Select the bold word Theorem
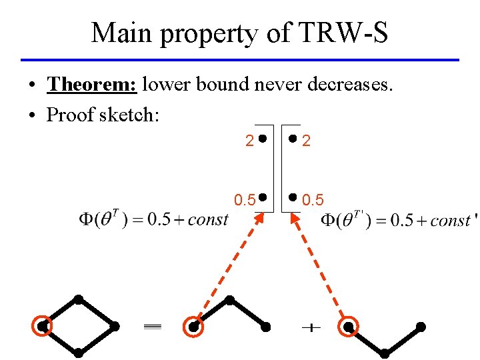click(x=92, y=85)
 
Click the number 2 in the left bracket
click(x=249, y=141)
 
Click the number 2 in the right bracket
click(x=307, y=141)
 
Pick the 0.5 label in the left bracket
click(x=245, y=199)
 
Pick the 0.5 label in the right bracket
click(x=313, y=199)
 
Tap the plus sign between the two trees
click(x=311, y=327)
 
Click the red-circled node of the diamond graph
click(x=42, y=327)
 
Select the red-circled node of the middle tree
click(x=193, y=327)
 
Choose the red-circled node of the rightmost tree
click(x=349, y=327)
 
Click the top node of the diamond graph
click(x=79, y=299)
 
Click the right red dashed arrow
click(x=317, y=267)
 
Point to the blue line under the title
click(x=240, y=60)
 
